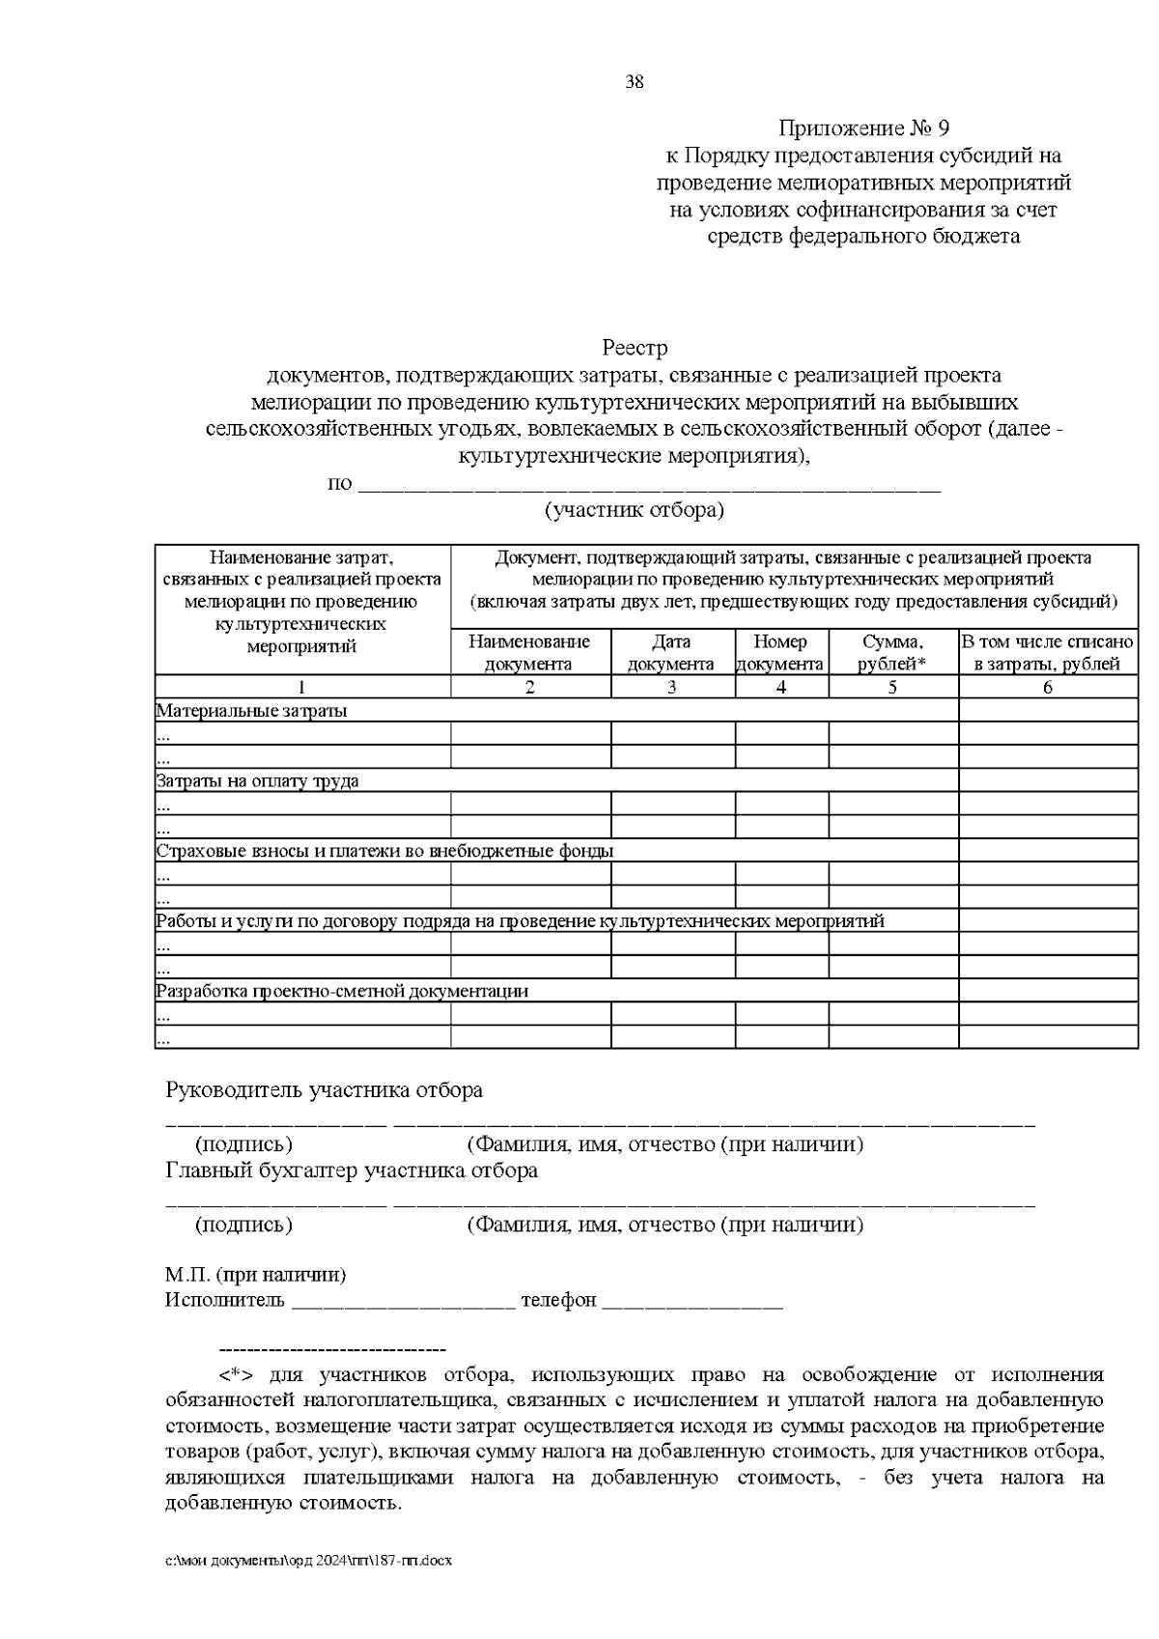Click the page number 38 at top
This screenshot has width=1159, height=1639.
pyautogui.click(x=635, y=82)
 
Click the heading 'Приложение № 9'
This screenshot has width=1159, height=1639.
pyautogui.click(x=864, y=128)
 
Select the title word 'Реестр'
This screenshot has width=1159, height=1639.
pyautogui.click(x=635, y=348)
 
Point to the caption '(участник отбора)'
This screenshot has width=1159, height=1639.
pyautogui.click(x=635, y=510)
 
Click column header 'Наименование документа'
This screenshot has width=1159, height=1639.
pyautogui.click(x=529, y=653)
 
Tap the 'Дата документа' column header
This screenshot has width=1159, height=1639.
pyautogui.click(x=671, y=653)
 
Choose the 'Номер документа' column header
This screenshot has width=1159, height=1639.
pyautogui.click(x=780, y=653)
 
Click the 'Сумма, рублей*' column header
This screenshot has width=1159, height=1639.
pyautogui.click(x=892, y=653)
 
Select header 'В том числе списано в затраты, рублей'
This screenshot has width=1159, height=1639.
pyautogui.click(x=1047, y=653)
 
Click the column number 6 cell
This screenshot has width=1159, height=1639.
pyautogui.click(x=1047, y=688)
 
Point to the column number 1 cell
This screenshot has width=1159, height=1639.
pyautogui.click(x=301, y=688)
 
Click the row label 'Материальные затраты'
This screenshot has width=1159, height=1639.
pyautogui.click(x=252, y=711)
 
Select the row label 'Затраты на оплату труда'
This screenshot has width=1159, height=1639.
pyautogui.click(x=258, y=781)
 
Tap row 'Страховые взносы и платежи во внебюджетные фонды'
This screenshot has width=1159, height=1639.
pyautogui.click(x=385, y=851)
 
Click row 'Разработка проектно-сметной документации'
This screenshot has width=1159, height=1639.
pyautogui.click(x=342, y=991)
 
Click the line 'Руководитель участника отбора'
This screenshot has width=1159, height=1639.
pyautogui.click(x=325, y=1090)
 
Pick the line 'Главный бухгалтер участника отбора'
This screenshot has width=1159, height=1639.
pyautogui.click(x=352, y=1171)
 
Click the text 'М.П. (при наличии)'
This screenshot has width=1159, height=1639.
pyautogui.click(x=255, y=1275)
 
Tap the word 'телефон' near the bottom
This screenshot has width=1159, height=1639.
pyautogui.click(x=558, y=1301)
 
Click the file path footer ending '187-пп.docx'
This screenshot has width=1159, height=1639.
pyautogui.click(x=309, y=1561)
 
